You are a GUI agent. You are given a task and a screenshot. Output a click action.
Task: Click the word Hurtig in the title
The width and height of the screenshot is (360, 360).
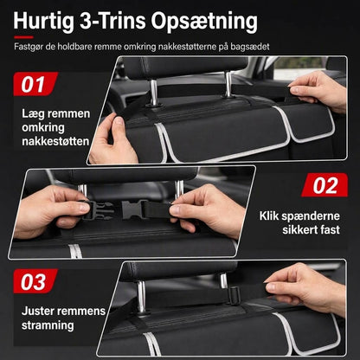pos(44,22)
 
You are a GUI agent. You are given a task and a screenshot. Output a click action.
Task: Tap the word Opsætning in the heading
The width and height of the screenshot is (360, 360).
pos(204,22)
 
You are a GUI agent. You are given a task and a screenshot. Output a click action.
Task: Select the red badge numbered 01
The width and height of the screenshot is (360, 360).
pos(35,84)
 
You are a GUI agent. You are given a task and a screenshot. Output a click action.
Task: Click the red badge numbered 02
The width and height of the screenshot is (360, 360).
pos(325,185)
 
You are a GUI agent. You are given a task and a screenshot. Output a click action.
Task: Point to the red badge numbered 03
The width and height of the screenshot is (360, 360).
pos(35,281)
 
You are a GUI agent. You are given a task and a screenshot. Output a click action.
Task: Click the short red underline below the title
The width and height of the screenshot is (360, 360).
pos(23,37)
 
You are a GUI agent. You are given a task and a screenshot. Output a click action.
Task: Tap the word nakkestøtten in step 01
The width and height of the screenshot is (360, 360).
pos(55,141)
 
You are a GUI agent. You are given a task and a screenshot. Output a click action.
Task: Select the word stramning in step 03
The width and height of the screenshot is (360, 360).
pos(48,325)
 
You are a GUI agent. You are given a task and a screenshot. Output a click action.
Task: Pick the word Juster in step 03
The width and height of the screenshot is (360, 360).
pos(36,311)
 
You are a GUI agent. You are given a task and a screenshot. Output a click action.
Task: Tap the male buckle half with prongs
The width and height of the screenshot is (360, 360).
pos(97,210)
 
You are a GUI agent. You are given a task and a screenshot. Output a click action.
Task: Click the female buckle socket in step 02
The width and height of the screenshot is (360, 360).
pos(132,209)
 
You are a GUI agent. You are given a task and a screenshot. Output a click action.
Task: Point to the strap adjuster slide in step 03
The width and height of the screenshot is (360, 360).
pos(235,295)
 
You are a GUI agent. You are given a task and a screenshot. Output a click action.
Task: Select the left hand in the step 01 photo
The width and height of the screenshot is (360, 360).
pos(114,139)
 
